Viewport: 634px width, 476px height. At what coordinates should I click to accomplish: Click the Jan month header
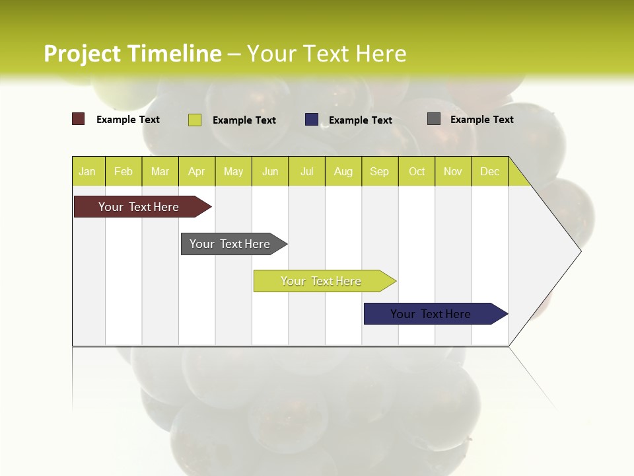[88, 171]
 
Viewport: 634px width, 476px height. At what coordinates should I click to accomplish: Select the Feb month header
[123, 171]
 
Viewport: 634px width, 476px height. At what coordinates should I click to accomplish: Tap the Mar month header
[160, 171]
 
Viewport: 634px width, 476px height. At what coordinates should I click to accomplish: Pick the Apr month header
[197, 171]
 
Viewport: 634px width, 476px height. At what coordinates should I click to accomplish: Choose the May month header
[233, 171]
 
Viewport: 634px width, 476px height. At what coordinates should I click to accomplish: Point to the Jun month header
[270, 171]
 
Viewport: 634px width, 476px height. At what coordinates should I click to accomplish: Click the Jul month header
[306, 171]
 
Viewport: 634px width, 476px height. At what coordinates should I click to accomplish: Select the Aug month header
[343, 171]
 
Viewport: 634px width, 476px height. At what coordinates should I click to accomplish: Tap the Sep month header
[380, 171]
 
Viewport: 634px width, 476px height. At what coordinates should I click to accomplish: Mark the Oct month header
[417, 171]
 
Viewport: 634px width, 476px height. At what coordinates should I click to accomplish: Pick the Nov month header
[453, 171]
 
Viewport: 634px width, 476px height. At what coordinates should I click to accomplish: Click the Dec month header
[490, 171]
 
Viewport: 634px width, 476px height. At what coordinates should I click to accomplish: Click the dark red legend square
[79, 119]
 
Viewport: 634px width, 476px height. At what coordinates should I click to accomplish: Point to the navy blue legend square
[312, 119]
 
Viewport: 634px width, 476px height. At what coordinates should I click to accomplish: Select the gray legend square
[434, 119]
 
